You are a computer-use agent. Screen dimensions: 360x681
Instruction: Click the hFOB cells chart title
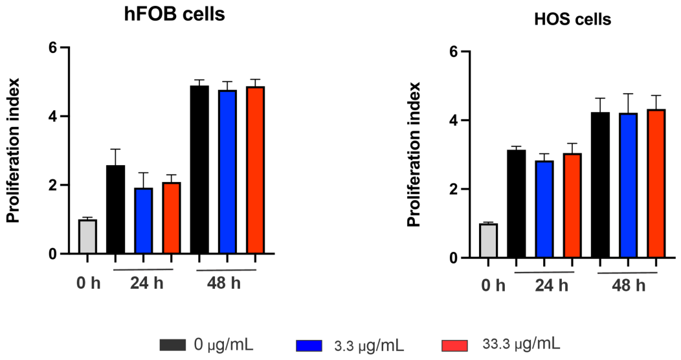[175, 15]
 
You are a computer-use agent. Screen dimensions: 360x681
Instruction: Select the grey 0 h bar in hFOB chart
[87, 237]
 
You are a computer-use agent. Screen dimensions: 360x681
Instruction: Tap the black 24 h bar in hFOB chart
[115, 210]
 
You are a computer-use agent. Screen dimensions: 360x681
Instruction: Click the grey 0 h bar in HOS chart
[488, 241]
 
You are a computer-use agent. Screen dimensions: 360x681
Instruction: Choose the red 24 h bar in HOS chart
[572, 206]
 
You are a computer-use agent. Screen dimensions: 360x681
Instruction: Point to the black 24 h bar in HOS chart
[517, 204]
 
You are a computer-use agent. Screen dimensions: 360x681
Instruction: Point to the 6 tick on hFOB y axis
[52, 48]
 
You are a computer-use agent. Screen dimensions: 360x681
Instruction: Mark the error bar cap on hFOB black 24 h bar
[115, 149]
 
